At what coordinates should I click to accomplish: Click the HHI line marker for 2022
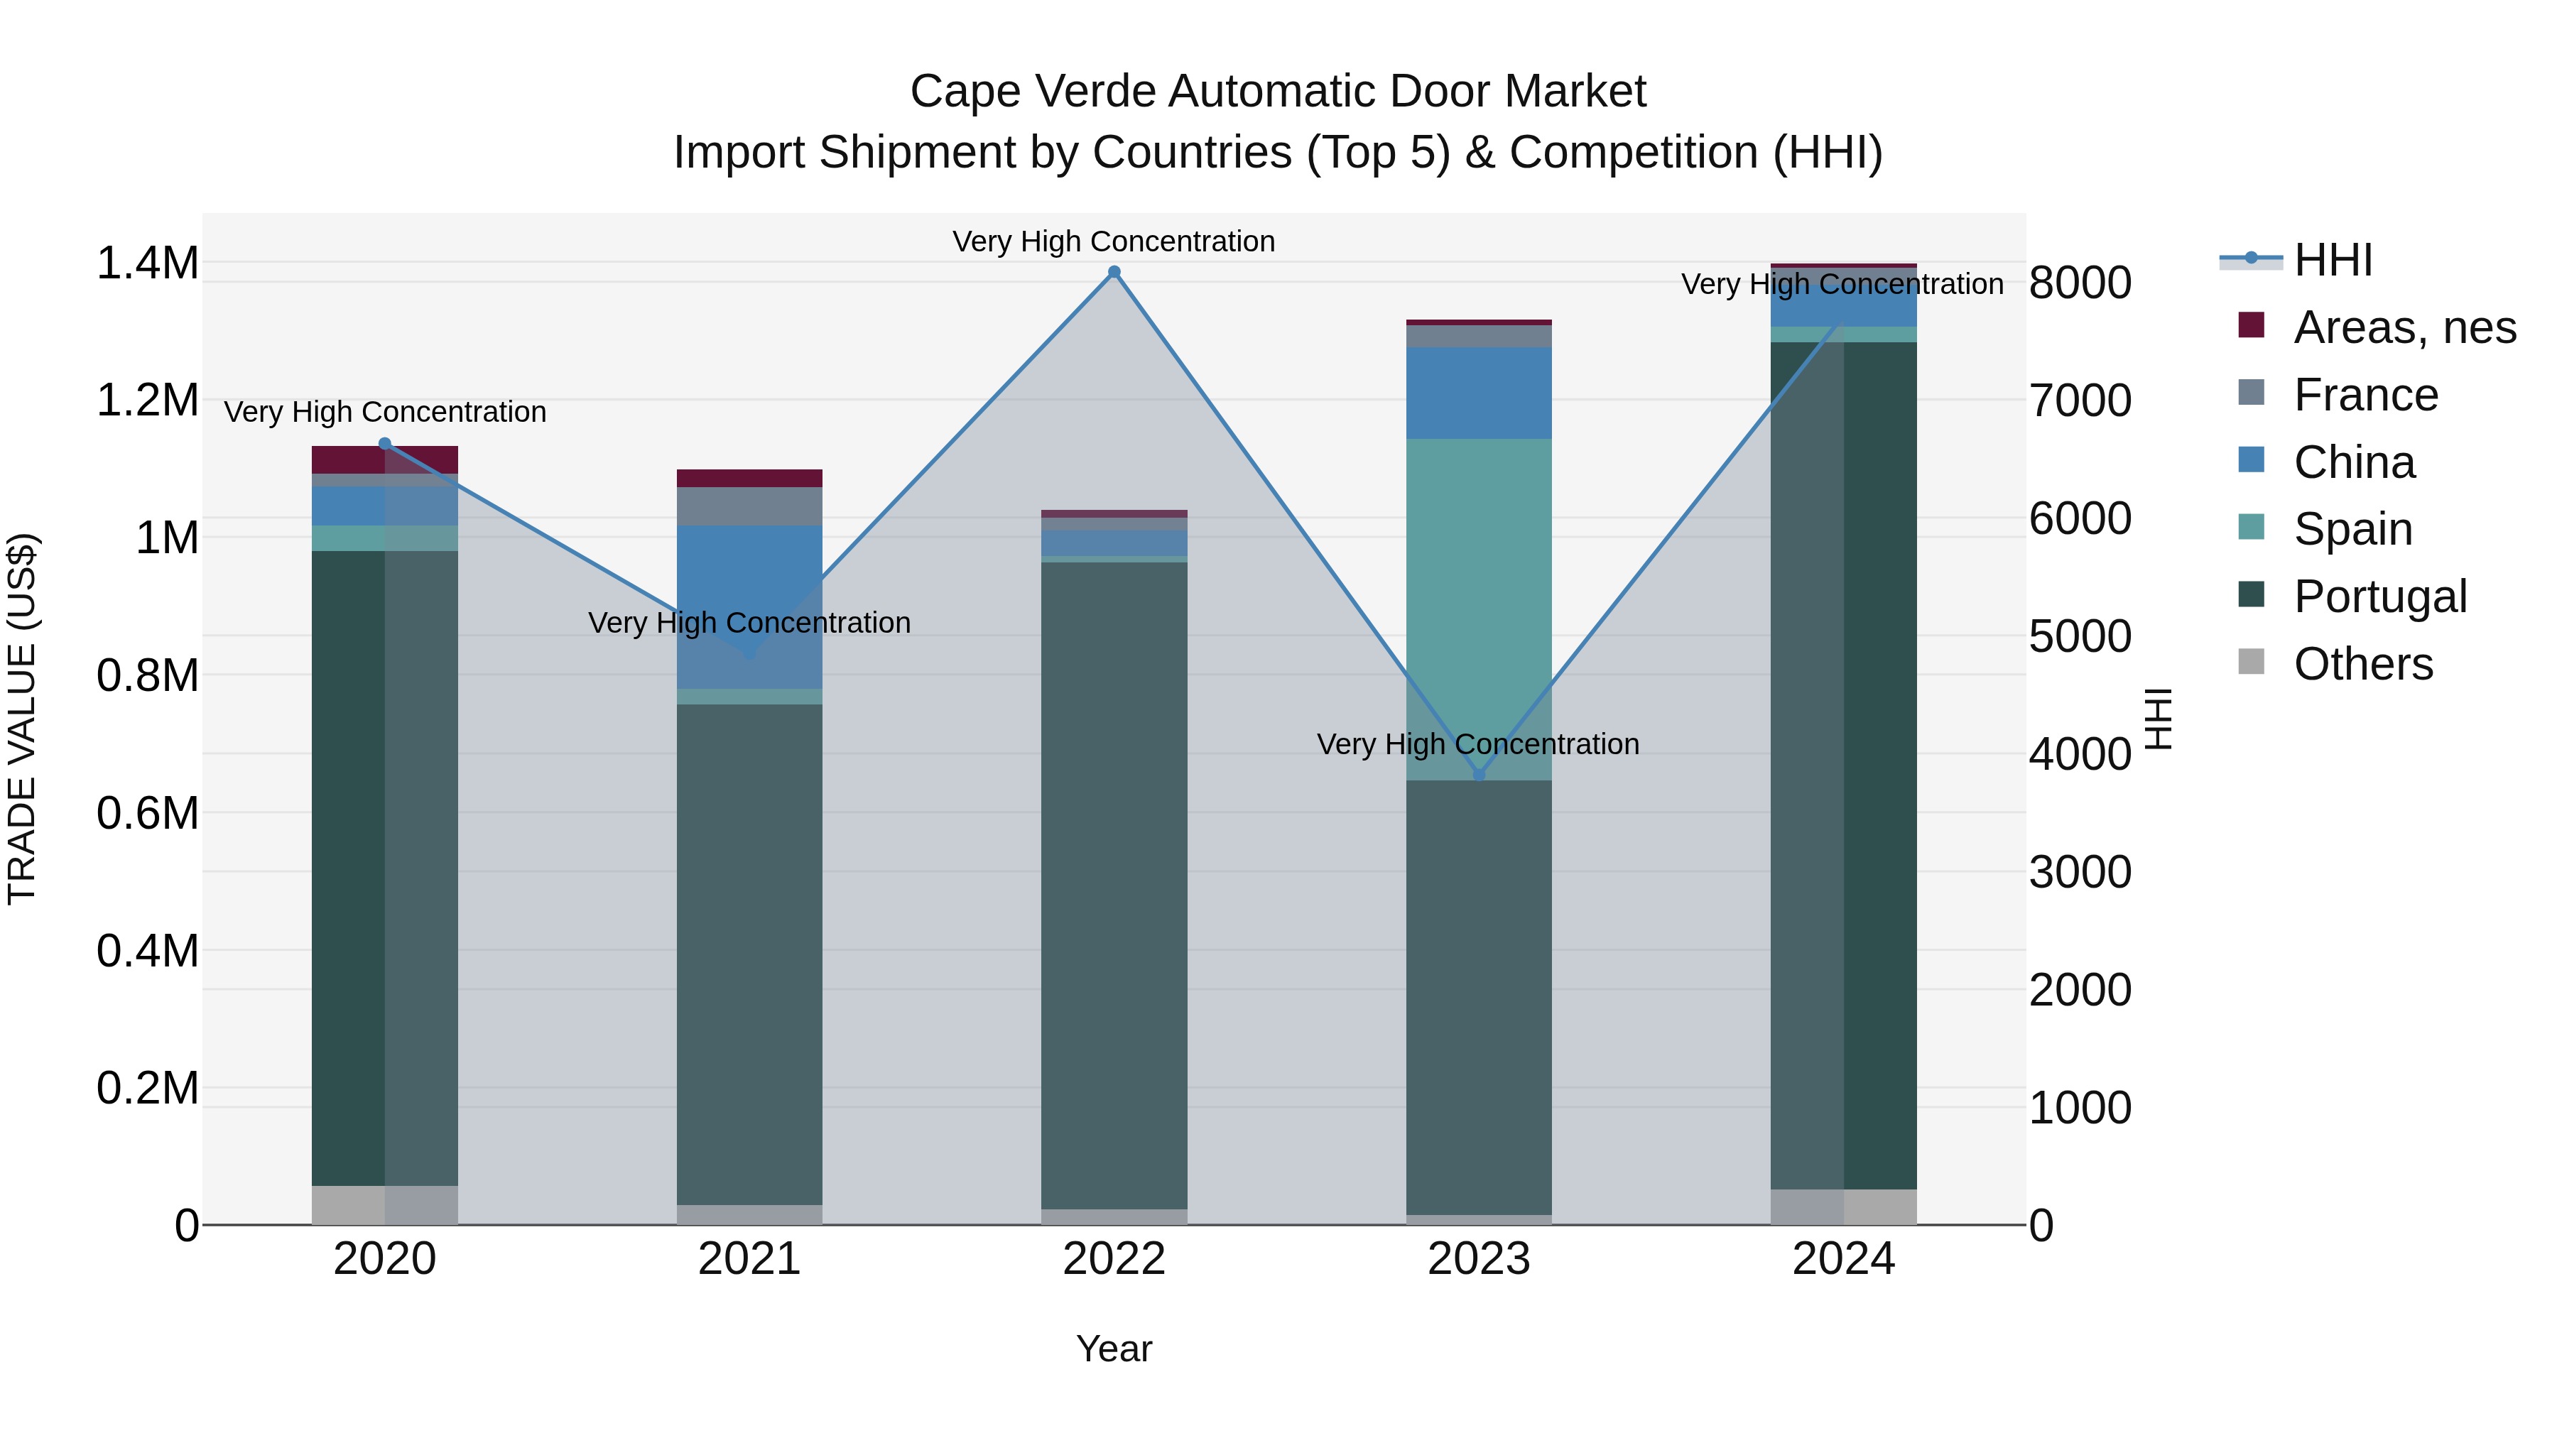tap(1114, 272)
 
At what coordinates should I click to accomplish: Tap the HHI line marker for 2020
tap(385, 444)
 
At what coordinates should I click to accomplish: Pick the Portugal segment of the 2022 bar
tap(1114, 883)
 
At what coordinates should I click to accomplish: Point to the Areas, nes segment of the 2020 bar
tap(385, 459)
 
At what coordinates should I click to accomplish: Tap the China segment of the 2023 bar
tap(1478, 392)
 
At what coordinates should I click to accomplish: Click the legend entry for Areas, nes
tap(2403, 327)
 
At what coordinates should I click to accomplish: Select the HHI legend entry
tap(2332, 260)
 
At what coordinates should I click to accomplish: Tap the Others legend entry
tap(2362, 664)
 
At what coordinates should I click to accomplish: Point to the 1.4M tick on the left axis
tap(147, 264)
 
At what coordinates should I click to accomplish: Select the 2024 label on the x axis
tap(1843, 1259)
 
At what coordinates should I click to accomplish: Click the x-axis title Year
tap(1114, 1349)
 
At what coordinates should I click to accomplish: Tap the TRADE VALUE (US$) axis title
tap(22, 719)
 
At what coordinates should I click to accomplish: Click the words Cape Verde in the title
tap(1032, 92)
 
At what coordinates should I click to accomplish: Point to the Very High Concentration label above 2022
tap(1114, 241)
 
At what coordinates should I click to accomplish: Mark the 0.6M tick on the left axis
tap(147, 814)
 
